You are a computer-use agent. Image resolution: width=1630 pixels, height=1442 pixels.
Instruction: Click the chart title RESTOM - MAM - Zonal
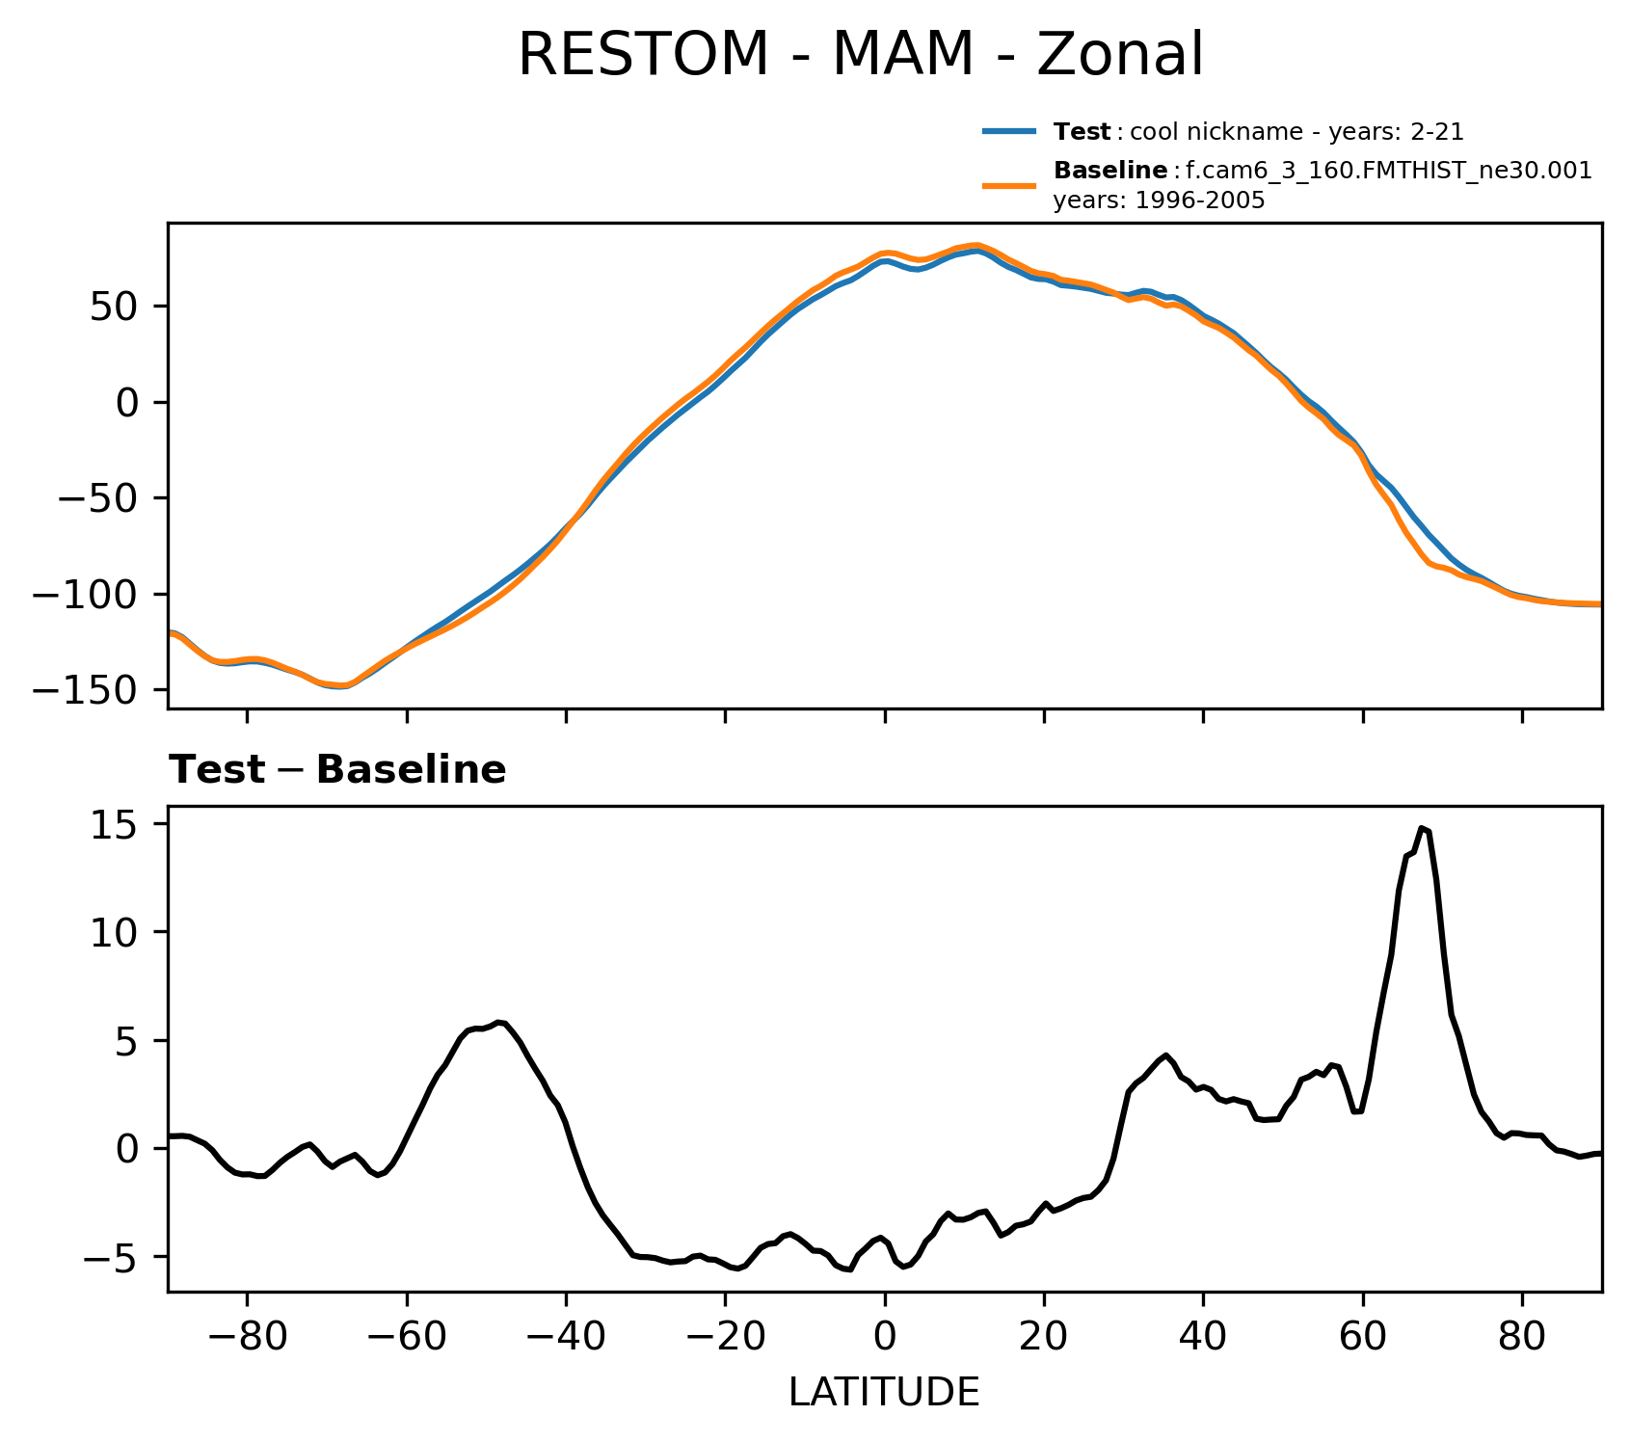click(861, 55)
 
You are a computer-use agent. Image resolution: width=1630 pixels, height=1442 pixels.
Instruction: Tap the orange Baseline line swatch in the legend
click(1009, 185)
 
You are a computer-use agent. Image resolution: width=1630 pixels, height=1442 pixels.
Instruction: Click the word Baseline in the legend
click(1110, 172)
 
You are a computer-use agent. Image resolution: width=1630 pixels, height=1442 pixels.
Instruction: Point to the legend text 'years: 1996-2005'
click(1159, 201)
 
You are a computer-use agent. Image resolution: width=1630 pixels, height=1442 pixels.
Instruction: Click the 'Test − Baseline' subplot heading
click(337, 770)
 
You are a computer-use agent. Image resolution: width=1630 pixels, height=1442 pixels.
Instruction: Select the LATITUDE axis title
click(884, 1392)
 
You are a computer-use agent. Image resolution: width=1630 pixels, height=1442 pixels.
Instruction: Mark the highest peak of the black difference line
click(1421, 827)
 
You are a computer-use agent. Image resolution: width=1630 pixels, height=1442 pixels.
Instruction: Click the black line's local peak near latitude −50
click(498, 1022)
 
